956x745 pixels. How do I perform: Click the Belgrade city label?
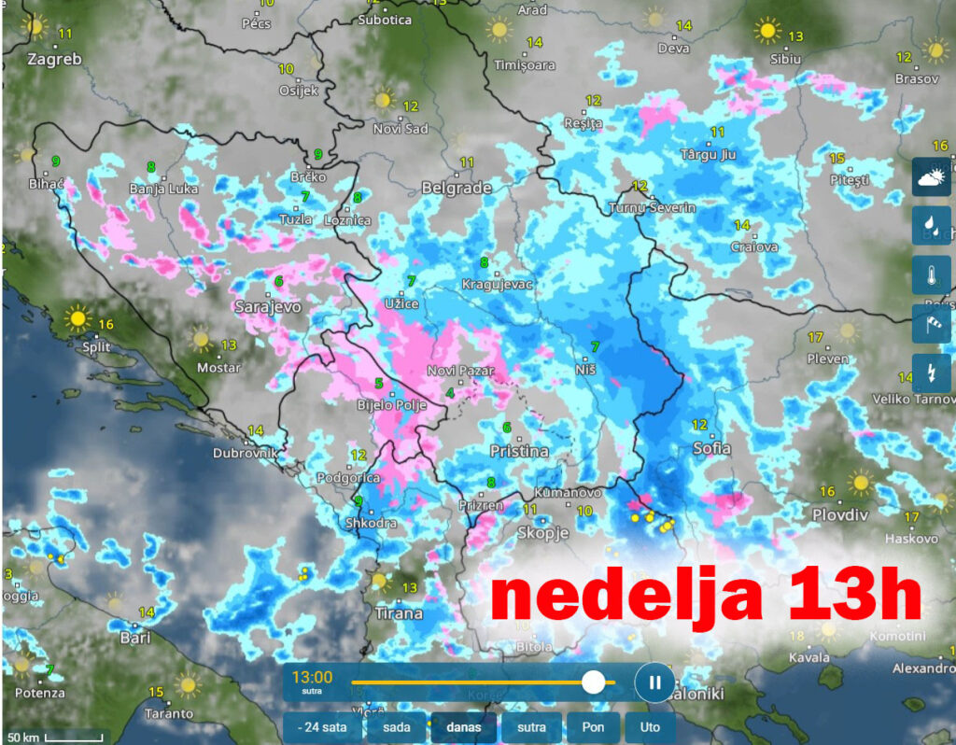pyautogui.click(x=457, y=188)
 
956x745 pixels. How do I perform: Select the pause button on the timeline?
pyautogui.click(x=654, y=682)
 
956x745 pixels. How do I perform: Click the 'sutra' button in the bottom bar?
pyautogui.click(x=532, y=727)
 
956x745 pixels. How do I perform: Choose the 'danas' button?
pyautogui.click(x=463, y=727)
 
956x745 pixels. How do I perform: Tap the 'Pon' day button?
pyautogui.click(x=594, y=727)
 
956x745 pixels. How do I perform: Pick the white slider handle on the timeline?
pyautogui.click(x=593, y=682)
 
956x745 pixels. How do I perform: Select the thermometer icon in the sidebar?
pyautogui.click(x=932, y=274)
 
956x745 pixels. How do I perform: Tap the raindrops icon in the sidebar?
pyautogui.click(x=932, y=225)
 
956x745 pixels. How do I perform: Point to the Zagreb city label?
pyautogui.click(x=55, y=59)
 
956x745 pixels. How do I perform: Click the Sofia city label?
pyautogui.click(x=711, y=449)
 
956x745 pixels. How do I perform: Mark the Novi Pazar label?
pyautogui.click(x=459, y=372)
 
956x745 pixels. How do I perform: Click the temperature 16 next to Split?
pyautogui.click(x=105, y=325)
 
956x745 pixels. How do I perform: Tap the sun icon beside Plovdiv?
pyautogui.click(x=860, y=483)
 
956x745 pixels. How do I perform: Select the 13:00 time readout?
pyautogui.click(x=312, y=677)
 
